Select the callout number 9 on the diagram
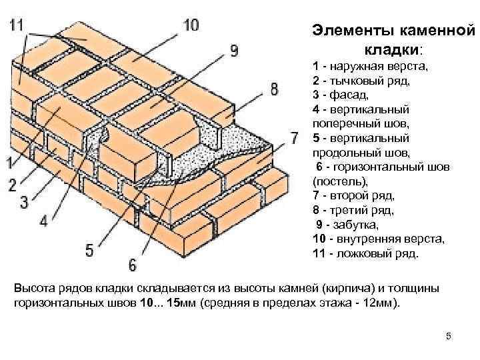(x=233, y=49)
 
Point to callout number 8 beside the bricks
(x=275, y=89)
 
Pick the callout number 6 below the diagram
(x=132, y=265)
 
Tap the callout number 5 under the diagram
(x=89, y=251)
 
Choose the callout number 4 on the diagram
(x=43, y=221)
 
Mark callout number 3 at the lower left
(x=23, y=201)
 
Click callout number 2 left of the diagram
(x=13, y=185)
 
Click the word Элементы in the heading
(x=351, y=31)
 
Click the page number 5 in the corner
(x=449, y=336)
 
